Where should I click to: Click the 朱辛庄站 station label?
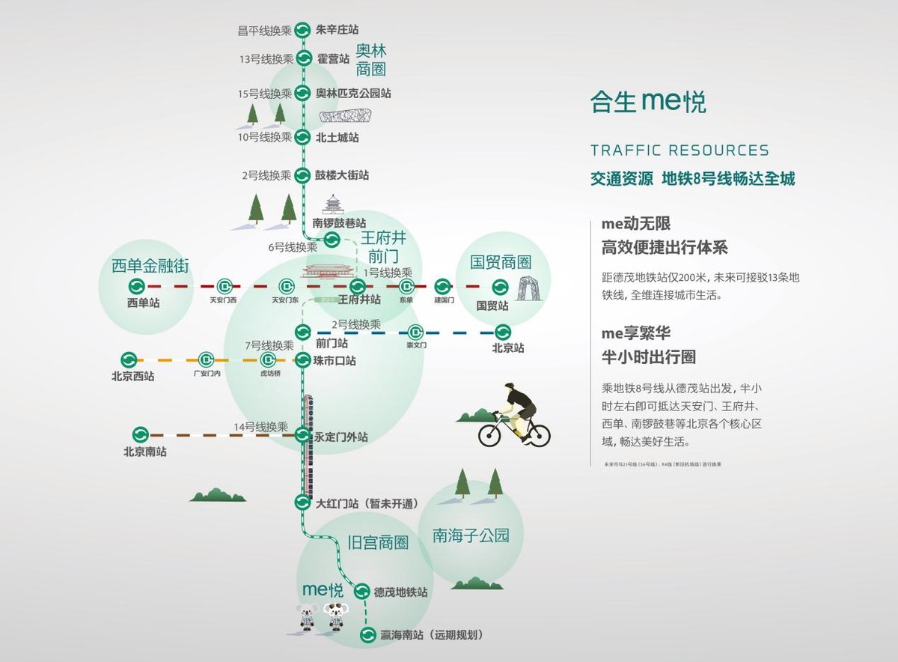tap(337, 30)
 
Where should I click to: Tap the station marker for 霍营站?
tap(304, 58)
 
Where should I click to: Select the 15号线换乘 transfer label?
tap(264, 94)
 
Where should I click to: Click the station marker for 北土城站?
tap(302, 137)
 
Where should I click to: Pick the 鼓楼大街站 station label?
tap(342, 175)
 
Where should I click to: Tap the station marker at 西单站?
tap(137, 286)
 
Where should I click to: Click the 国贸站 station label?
tap(492, 306)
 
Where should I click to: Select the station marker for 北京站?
tap(502, 332)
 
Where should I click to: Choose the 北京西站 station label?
tap(132, 376)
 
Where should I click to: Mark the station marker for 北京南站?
tap(141, 434)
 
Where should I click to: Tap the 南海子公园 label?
tap(471, 535)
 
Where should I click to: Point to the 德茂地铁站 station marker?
tap(361, 591)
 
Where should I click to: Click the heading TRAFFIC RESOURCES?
tap(679, 151)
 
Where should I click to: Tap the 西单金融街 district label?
tap(150, 265)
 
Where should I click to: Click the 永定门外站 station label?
tap(340, 437)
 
